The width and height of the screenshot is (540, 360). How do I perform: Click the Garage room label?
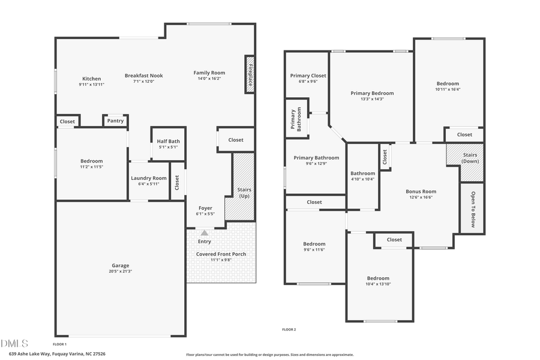pos(120,265)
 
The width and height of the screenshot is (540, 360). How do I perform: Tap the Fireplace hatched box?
pos(250,74)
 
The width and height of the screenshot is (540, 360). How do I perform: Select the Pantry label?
pos(115,121)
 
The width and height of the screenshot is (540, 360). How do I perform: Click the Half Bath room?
pos(169,144)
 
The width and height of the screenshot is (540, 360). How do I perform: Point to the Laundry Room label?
pos(149,178)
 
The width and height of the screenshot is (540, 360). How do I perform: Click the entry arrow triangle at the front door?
pos(205,233)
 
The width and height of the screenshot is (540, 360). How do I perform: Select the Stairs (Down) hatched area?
pos(465,162)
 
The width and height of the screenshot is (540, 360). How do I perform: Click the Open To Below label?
pos(473,209)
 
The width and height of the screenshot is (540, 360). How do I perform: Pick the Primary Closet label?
pos(308,76)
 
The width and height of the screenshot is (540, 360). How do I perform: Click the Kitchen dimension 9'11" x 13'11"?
pos(92,85)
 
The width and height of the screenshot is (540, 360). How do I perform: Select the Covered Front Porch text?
pos(221,254)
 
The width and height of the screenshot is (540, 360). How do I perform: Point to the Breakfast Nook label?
pos(143,76)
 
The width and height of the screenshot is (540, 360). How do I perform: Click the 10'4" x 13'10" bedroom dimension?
pos(378,284)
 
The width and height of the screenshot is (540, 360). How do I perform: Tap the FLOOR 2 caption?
pos(289,329)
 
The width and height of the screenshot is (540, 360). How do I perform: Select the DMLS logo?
pos(14,343)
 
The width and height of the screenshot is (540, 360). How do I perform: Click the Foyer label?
pos(205,208)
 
